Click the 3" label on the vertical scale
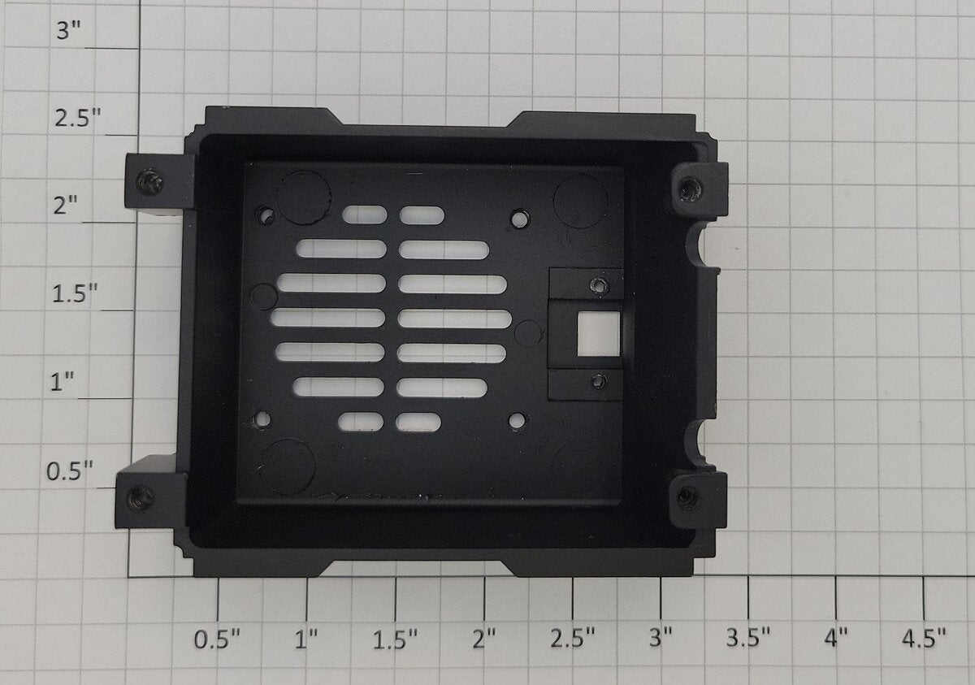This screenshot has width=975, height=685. click(x=69, y=30)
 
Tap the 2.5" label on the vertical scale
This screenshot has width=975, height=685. click(x=77, y=118)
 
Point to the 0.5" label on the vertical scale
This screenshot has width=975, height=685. click(x=70, y=470)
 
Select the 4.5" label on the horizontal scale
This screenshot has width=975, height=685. click(x=924, y=638)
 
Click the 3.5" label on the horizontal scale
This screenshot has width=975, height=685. click(x=748, y=637)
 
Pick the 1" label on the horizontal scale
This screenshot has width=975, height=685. click(x=306, y=639)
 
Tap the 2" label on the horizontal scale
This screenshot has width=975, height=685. click(x=484, y=639)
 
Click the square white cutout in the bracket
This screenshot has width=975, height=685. click(x=599, y=333)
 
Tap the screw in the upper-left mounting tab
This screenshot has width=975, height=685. click(x=149, y=181)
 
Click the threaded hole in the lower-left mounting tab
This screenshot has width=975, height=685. click(x=140, y=498)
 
